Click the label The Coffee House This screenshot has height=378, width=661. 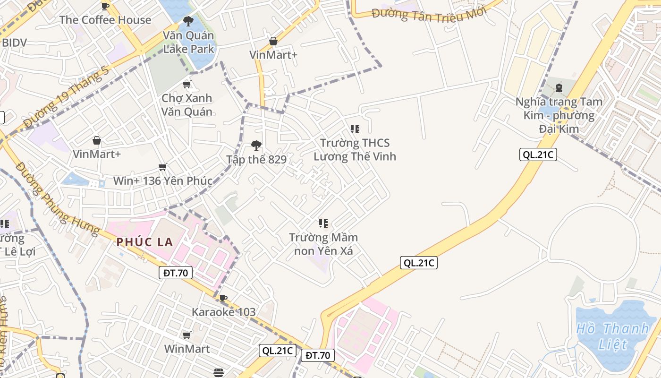pyautogui.click(x=105, y=20)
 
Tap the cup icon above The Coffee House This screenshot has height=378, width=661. pyautogui.click(x=105, y=6)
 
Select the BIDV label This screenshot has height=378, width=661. pyautogui.click(x=14, y=43)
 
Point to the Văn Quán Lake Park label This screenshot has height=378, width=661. pyautogui.click(x=188, y=42)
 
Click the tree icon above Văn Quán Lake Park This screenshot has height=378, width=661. pyautogui.click(x=188, y=21)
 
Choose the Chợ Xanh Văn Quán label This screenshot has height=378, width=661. pyautogui.click(x=187, y=105)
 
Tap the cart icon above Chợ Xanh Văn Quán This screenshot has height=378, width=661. pyautogui.click(x=187, y=85)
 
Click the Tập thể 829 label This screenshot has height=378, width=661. pyautogui.click(x=256, y=160)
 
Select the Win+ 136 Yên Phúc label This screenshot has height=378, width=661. pyautogui.click(x=162, y=181)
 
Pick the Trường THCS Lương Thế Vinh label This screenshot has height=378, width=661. pyautogui.click(x=355, y=149)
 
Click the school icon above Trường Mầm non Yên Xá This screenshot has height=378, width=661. pyautogui.click(x=323, y=223)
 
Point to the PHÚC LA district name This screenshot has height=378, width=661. pyautogui.click(x=145, y=242)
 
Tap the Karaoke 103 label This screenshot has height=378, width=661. pyautogui.click(x=223, y=312)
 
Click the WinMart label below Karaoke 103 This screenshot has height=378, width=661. pyautogui.click(x=187, y=349)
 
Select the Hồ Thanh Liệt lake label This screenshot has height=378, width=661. pyautogui.click(x=612, y=336)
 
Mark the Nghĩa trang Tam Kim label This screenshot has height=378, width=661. pyautogui.click(x=559, y=115)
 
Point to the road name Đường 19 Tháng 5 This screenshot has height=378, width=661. pyautogui.click(x=66, y=97)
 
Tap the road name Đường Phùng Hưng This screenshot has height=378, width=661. pyautogui.click(x=57, y=198)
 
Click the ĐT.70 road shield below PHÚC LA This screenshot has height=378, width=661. pyautogui.click(x=175, y=273)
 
